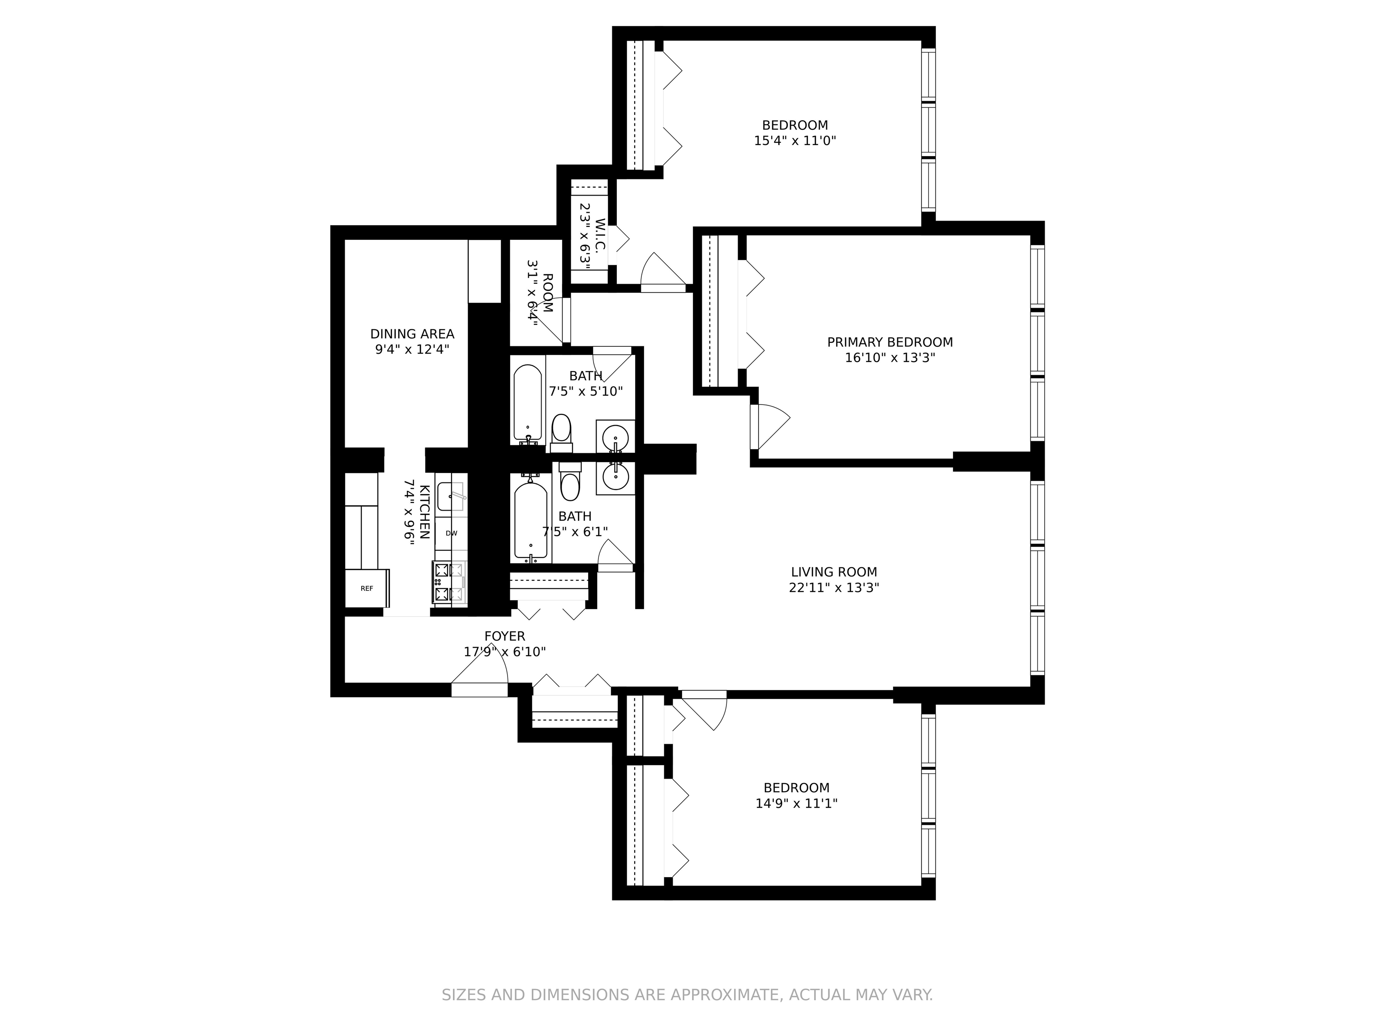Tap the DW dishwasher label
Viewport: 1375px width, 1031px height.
[x=451, y=533]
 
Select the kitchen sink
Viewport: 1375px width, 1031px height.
[x=451, y=496]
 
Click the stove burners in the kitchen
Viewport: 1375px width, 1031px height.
[x=449, y=582]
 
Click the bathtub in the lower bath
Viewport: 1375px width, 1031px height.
[x=531, y=520]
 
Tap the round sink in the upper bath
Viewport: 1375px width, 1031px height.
[x=615, y=437]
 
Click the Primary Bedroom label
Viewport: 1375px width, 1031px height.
[x=889, y=342]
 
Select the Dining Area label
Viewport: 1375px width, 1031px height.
[x=412, y=334]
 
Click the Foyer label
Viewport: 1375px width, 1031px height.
[x=505, y=636]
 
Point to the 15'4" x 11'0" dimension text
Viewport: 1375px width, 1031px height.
[x=795, y=141]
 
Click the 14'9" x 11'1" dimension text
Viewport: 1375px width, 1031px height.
[x=796, y=803]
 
